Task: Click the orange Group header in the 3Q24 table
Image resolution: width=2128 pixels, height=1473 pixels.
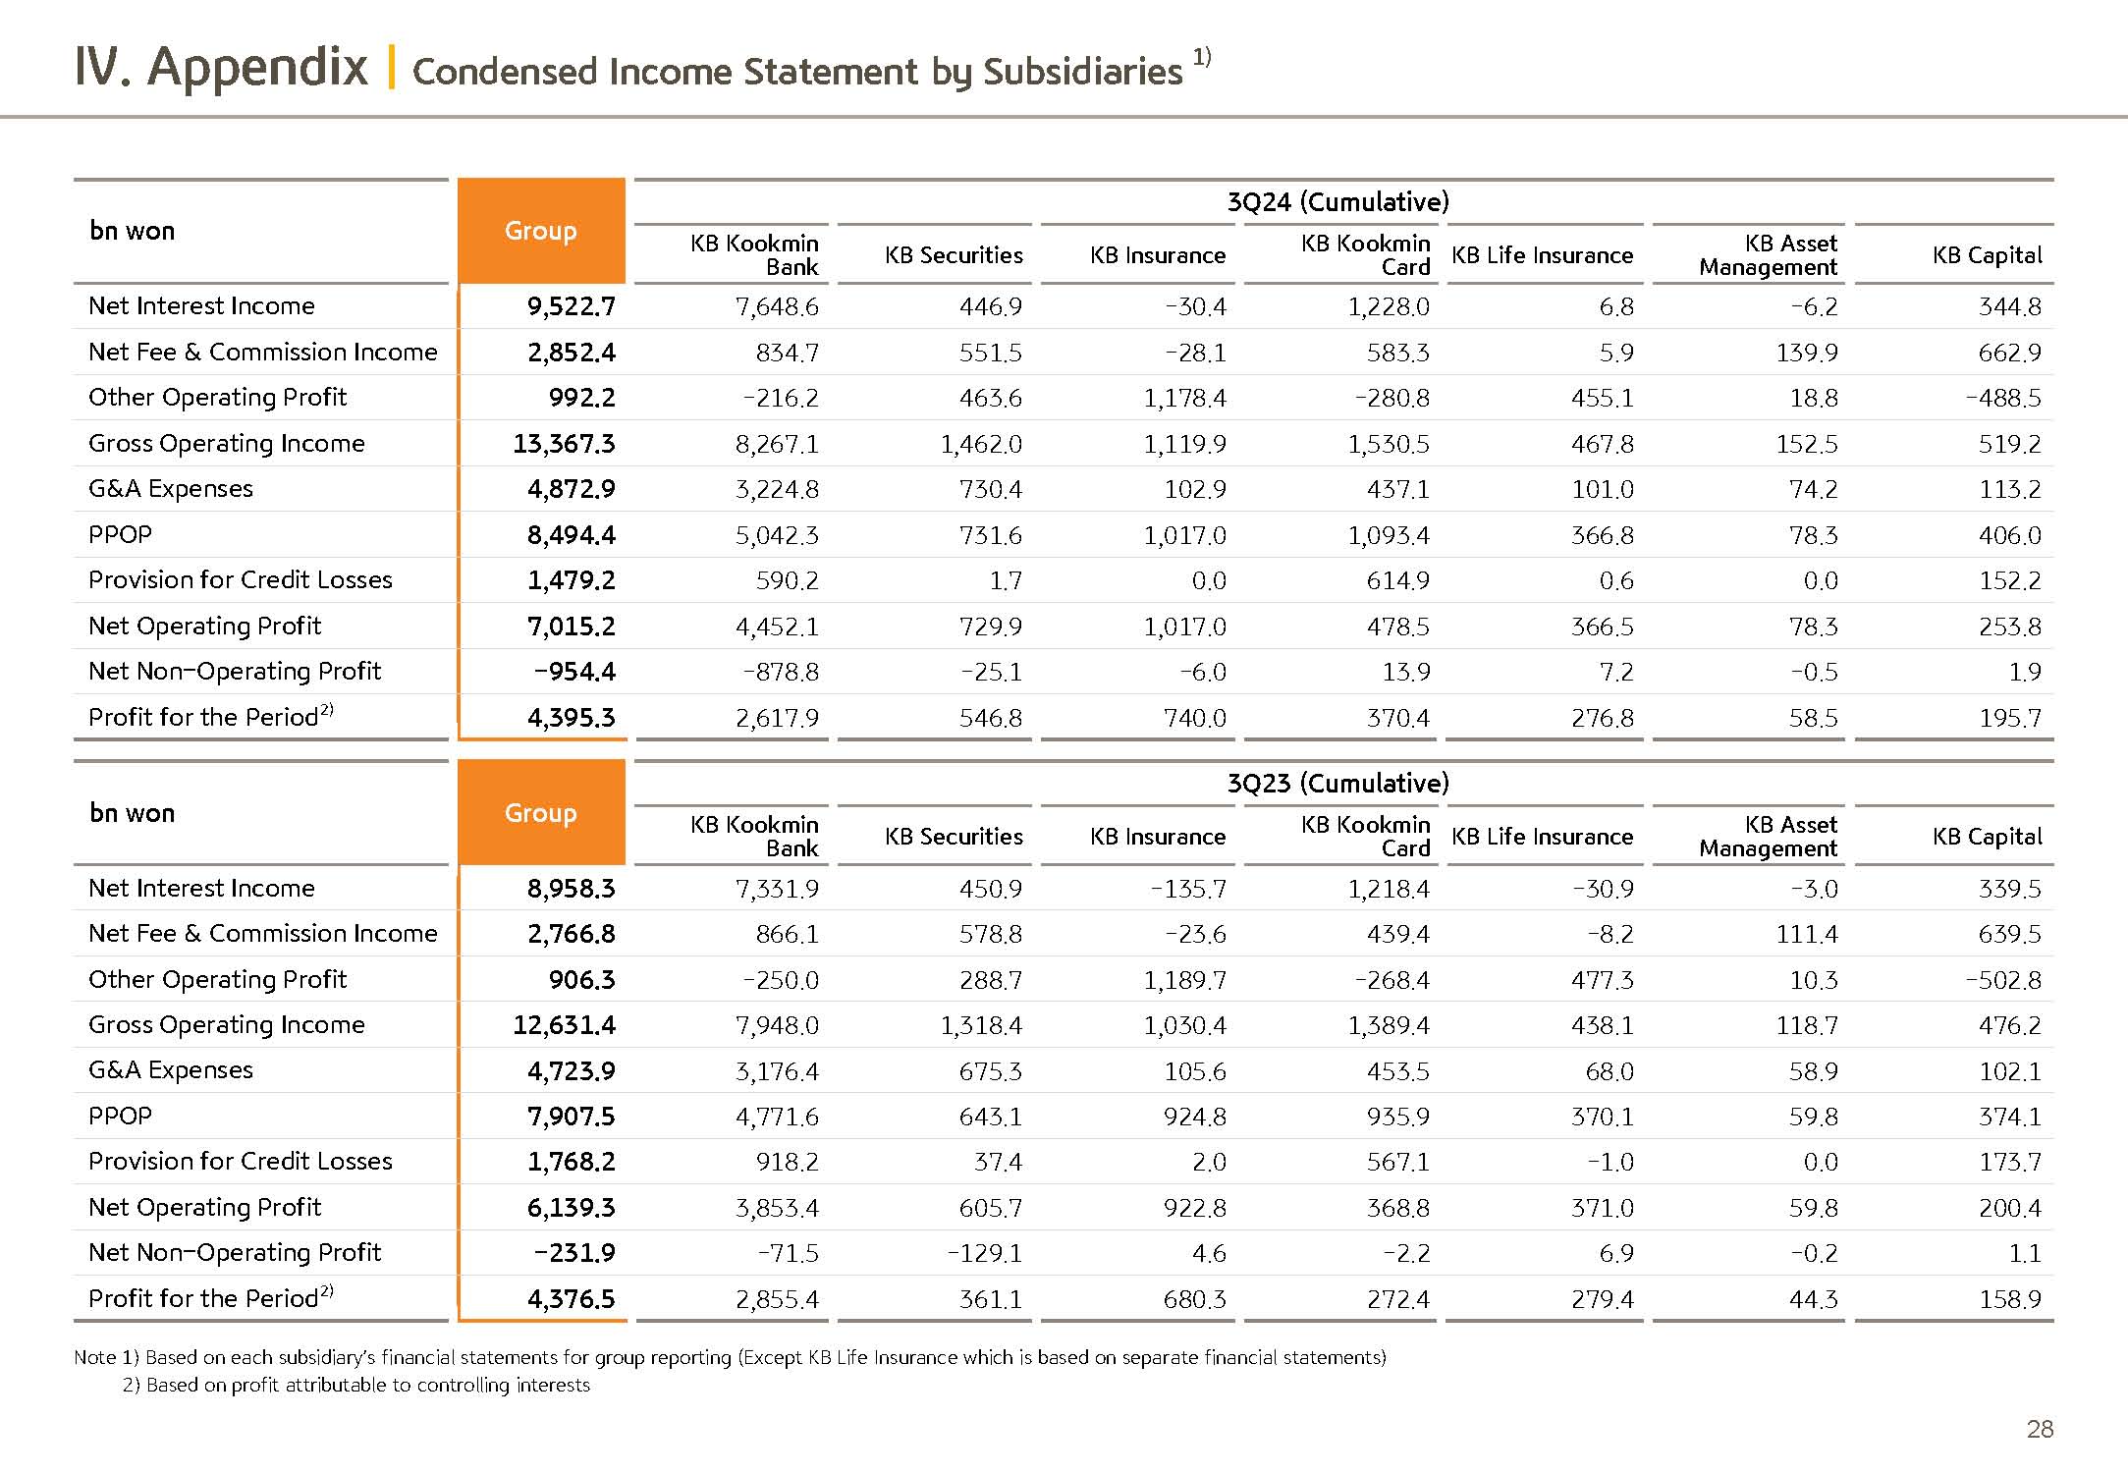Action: [x=540, y=231]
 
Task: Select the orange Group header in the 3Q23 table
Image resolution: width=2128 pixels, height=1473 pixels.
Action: [x=540, y=813]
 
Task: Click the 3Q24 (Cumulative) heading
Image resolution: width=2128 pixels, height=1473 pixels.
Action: [x=1337, y=202]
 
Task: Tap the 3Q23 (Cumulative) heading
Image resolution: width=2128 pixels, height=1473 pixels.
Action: [x=1337, y=784]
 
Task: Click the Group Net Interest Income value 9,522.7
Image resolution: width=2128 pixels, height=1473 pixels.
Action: [x=571, y=307]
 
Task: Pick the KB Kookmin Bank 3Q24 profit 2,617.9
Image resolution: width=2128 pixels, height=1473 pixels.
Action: [x=777, y=719]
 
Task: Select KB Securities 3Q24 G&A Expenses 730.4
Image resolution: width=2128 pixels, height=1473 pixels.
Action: [x=990, y=490]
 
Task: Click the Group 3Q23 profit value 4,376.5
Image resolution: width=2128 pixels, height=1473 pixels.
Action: [x=571, y=1300]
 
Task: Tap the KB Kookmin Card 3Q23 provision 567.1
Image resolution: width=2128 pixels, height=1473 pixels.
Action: [x=1397, y=1163]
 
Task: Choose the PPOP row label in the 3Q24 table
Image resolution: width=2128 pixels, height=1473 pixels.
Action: [x=121, y=535]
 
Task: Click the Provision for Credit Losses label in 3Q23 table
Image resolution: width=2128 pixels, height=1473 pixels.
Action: [x=241, y=1162]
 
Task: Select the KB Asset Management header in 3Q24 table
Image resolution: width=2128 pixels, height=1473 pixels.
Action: [x=1769, y=255]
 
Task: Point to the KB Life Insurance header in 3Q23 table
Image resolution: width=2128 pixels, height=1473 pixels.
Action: [x=1542, y=837]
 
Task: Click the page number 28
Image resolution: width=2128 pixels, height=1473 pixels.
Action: [x=2040, y=1430]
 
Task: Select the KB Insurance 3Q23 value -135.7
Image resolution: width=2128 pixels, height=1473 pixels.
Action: [x=1188, y=890]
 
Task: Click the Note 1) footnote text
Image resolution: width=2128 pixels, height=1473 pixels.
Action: [x=730, y=1358]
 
